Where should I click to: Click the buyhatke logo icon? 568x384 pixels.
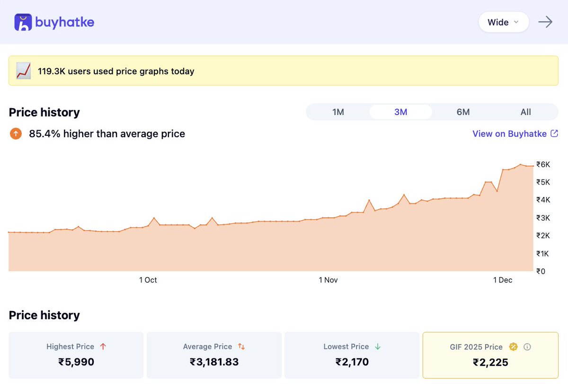click(x=23, y=22)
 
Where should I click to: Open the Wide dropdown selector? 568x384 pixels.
click(x=503, y=22)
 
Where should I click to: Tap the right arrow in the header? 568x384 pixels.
click(x=545, y=22)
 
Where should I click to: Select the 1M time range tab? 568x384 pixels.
click(x=338, y=112)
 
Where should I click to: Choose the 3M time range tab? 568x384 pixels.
click(x=400, y=112)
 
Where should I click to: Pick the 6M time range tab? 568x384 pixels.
click(x=463, y=112)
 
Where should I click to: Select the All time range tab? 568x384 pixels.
click(x=525, y=112)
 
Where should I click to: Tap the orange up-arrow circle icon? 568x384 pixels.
click(x=16, y=134)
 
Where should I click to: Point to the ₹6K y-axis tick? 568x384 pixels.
click(x=543, y=164)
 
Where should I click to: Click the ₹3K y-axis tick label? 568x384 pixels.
click(x=543, y=218)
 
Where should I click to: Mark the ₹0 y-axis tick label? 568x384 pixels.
click(x=541, y=271)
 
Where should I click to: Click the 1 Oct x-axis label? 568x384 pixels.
click(x=148, y=280)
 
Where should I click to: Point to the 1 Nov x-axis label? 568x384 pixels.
click(x=328, y=280)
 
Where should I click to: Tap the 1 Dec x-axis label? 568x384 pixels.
click(x=503, y=280)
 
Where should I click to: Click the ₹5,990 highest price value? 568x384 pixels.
click(x=76, y=362)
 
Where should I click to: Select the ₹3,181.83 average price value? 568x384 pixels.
click(x=214, y=362)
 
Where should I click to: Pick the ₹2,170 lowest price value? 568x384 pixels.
click(x=352, y=362)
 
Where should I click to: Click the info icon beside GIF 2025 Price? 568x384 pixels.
click(x=527, y=347)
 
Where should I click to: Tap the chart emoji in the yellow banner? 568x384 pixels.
click(x=24, y=71)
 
